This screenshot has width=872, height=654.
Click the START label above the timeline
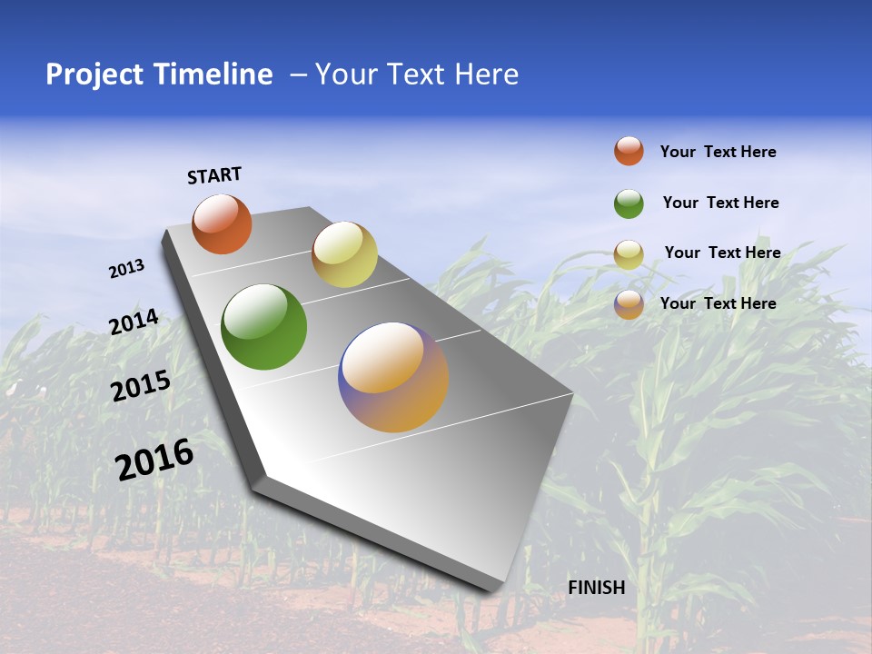(x=214, y=175)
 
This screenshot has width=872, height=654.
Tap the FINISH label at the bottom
(x=596, y=588)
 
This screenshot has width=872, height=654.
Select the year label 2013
(x=126, y=269)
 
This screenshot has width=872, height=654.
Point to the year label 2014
(x=134, y=322)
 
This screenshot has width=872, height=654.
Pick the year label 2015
(x=140, y=386)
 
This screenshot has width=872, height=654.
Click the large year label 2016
(x=154, y=459)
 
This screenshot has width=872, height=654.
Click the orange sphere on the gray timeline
(x=222, y=224)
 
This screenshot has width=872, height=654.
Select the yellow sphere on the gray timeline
(x=344, y=254)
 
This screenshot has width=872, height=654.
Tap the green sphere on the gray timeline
(x=263, y=327)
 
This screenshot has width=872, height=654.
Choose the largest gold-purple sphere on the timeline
(x=393, y=377)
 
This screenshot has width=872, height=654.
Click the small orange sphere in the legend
(x=629, y=152)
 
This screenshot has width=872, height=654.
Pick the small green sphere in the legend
(x=629, y=203)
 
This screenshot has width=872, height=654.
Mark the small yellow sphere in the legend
(x=629, y=254)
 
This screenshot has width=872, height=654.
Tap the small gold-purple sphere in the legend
(x=629, y=304)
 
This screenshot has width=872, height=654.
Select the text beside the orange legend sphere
(x=718, y=153)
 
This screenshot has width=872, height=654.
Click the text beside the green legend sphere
(x=720, y=203)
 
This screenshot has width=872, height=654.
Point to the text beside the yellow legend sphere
(x=722, y=253)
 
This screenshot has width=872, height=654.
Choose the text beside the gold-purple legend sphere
(x=718, y=303)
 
